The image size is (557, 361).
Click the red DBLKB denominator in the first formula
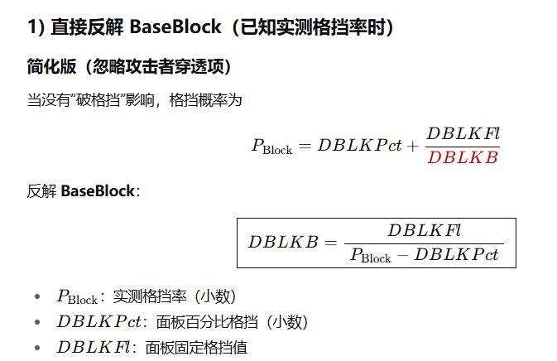pyautogui.click(x=463, y=157)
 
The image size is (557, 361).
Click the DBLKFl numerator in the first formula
pyautogui.click(x=463, y=132)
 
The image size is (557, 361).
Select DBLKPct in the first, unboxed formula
pyautogui.click(x=359, y=145)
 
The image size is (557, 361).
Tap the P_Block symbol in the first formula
pyautogui.click(x=271, y=147)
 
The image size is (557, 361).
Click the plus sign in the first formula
pyautogui.click(x=412, y=145)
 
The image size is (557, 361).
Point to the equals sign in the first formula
pyautogui.click(x=305, y=146)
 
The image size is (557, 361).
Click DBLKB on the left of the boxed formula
pyautogui.click(x=282, y=242)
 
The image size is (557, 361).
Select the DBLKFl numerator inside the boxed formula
pyautogui.click(x=424, y=229)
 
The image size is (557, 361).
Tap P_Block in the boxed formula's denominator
pyautogui.click(x=370, y=256)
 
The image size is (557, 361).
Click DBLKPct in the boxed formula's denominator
pyautogui.click(x=457, y=255)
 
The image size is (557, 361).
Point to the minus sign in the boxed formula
pyautogui.click(x=402, y=255)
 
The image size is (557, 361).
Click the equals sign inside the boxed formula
pyautogui.click(x=330, y=243)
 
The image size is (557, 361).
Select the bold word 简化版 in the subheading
pyautogui.click(x=51, y=67)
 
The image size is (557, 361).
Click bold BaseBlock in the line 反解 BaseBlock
pyautogui.click(x=97, y=191)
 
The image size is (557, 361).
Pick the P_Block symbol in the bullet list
pyautogui.click(x=77, y=296)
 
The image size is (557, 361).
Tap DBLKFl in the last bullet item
pyautogui.click(x=91, y=347)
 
